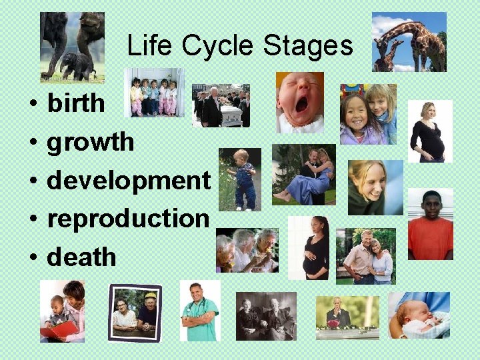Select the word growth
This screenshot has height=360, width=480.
coord(90,142)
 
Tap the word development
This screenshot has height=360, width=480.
coord(128,181)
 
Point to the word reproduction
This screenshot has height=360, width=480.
coord(128,219)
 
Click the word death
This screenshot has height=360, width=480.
coord(81,257)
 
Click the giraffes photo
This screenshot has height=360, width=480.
coord(409,41)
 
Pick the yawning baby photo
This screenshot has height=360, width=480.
coord(299,102)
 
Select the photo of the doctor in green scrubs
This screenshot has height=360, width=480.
coord(199,311)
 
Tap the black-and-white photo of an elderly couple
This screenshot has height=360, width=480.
coord(266,316)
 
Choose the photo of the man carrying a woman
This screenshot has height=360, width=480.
coord(303,174)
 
